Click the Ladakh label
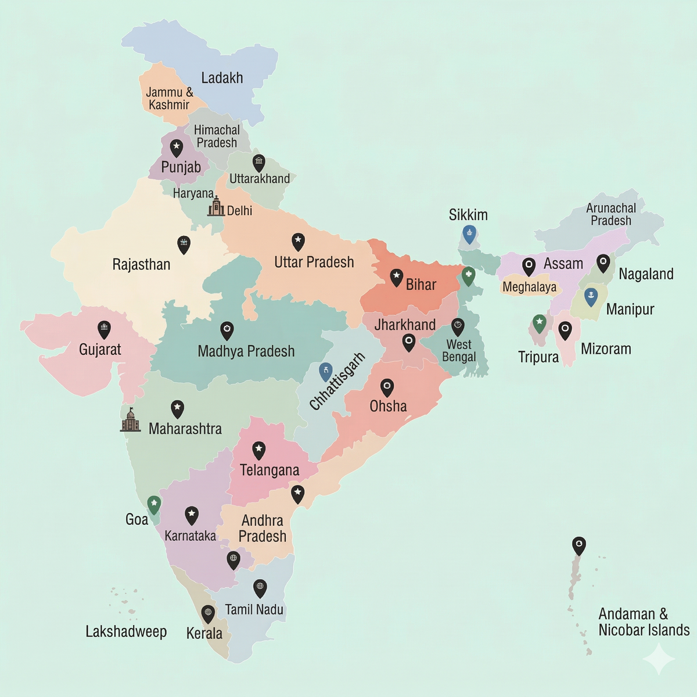(222, 78)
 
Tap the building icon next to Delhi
(216, 207)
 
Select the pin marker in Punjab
(176, 148)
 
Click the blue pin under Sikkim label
(469, 235)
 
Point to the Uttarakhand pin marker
(258, 163)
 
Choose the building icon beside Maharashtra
(131, 420)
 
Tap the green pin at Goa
(153, 504)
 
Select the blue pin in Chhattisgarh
(326, 371)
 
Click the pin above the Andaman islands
(579, 545)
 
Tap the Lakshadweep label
(126, 631)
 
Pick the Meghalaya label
(529, 287)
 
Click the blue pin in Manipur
(591, 296)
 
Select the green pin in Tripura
(540, 323)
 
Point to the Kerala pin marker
(208, 613)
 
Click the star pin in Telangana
(258, 450)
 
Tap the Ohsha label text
(388, 406)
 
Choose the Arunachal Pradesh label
(610, 214)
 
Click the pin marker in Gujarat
(104, 329)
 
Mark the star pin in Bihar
(396, 277)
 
